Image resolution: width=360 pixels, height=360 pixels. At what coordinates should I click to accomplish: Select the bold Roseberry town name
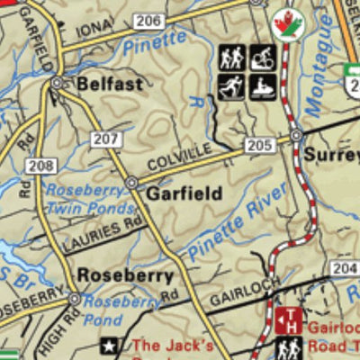124,275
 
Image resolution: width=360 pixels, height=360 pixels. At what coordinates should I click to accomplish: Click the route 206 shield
150,21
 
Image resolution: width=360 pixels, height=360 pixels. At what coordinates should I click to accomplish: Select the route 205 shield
258,145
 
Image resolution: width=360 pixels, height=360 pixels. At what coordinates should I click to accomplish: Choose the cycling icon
262,58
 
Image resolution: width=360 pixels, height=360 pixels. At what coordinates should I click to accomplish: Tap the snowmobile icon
262,87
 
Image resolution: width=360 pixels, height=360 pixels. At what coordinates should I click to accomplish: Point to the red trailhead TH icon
290,319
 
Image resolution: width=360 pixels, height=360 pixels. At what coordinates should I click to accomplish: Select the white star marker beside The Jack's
111,345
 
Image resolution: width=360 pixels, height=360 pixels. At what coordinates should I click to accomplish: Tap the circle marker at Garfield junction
131,183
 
